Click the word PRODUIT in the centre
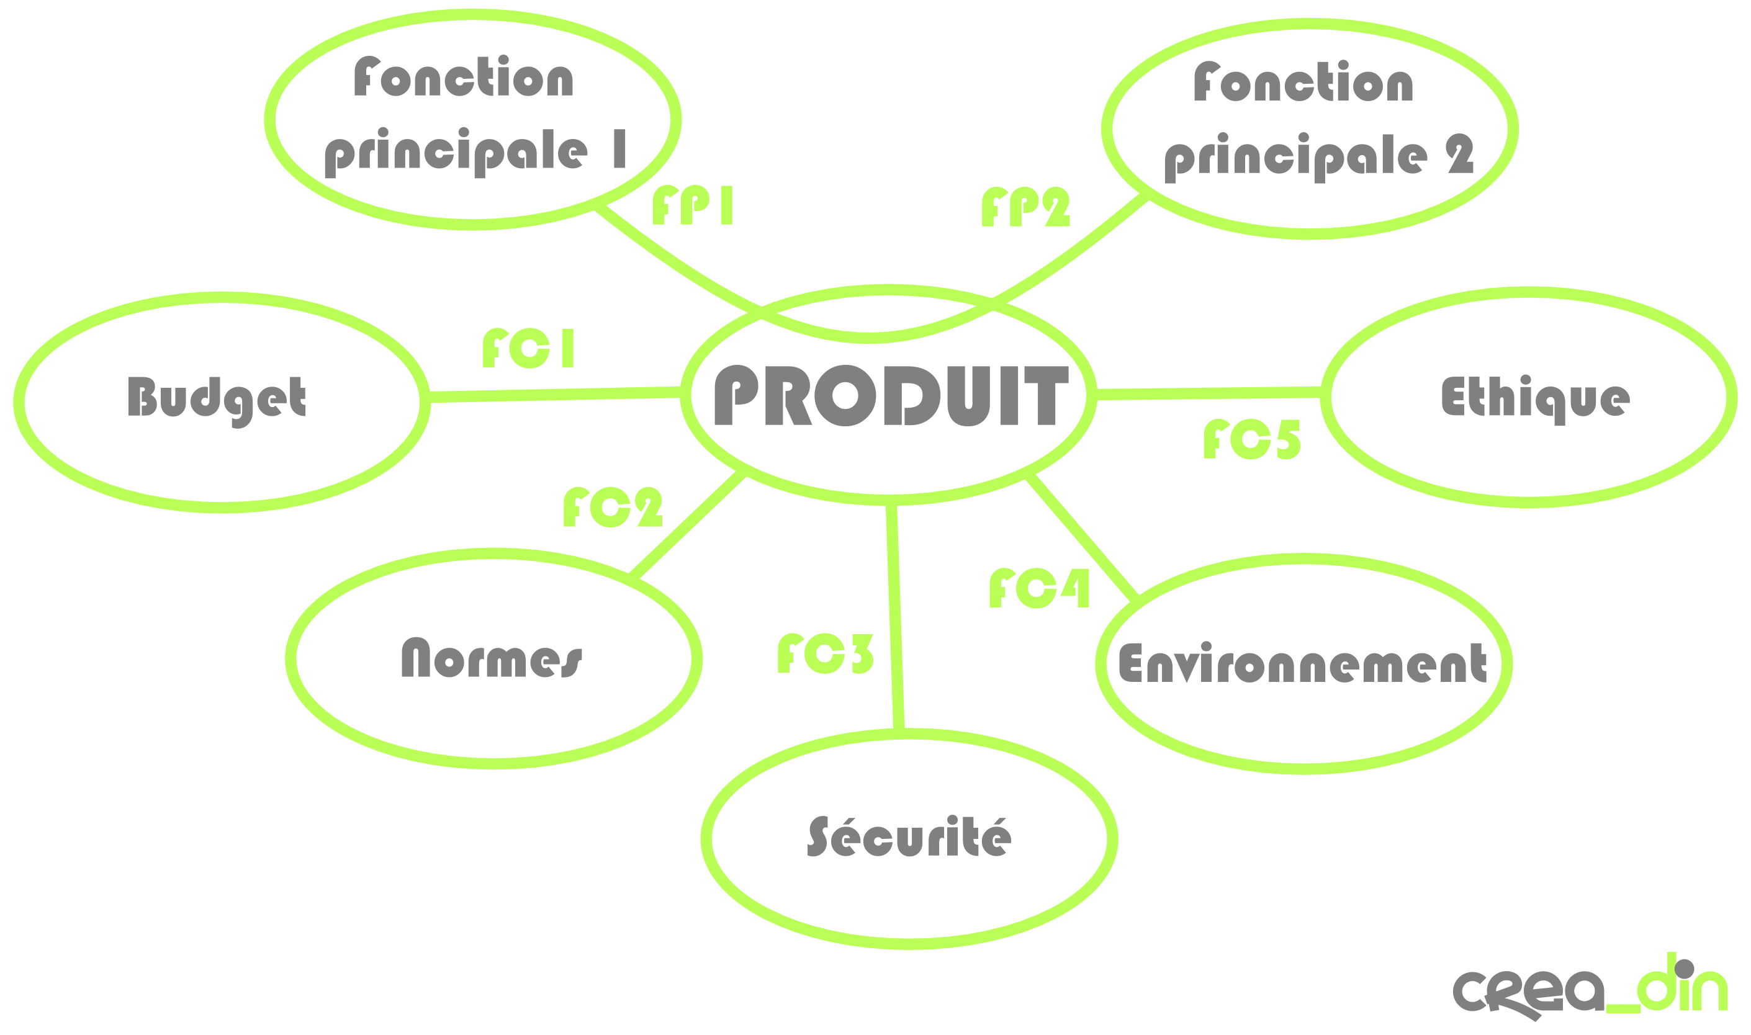point(891,395)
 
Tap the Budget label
point(217,401)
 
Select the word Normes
point(492,657)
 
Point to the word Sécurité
point(909,836)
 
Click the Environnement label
point(1302,663)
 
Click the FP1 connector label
point(692,205)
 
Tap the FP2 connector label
point(1025,207)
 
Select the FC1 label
point(528,348)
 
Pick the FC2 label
point(613,507)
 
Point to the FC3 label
point(826,653)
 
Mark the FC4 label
point(1040,588)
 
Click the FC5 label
point(1252,439)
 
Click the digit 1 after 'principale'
point(619,148)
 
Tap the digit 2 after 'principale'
point(1459,153)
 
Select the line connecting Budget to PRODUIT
point(556,395)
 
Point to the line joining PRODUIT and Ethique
point(1209,393)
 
